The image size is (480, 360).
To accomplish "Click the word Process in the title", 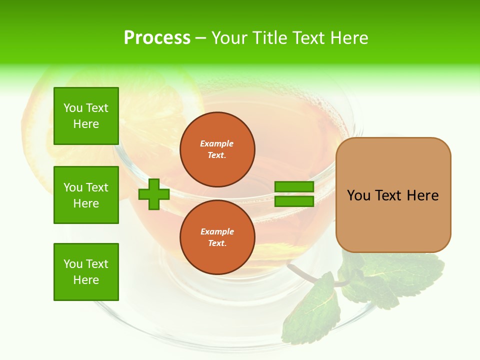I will [x=157, y=38].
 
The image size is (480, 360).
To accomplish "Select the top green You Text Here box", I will [x=86, y=116].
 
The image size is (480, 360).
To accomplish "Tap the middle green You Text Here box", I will [x=86, y=195].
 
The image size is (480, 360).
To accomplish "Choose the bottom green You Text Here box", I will [x=86, y=272].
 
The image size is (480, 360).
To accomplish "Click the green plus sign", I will [x=154, y=194].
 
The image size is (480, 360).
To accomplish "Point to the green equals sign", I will [x=294, y=194].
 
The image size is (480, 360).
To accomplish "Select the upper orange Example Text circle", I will [x=217, y=149].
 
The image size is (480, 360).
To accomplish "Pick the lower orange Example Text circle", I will [x=217, y=237].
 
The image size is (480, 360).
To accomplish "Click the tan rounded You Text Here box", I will [x=393, y=195].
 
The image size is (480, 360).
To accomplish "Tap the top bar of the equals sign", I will [x=294, y=187].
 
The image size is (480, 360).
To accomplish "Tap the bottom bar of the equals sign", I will [x=294, y=201].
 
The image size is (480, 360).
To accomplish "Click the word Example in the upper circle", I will [x=217, y=143].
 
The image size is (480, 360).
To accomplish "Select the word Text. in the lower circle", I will [x=217, y=243].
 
